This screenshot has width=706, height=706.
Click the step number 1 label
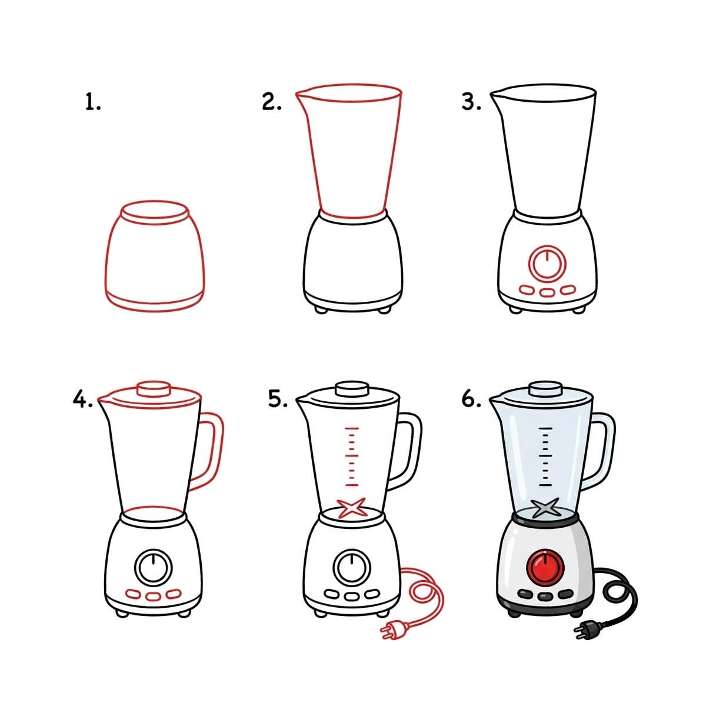click(92, 103)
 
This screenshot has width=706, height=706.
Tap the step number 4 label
click(82, 399)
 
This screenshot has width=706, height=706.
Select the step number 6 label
click(471, 399)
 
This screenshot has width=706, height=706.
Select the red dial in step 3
click(547, 262)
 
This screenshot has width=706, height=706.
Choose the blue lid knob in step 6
click(545, 388)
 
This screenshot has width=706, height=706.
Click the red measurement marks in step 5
click(352, 457)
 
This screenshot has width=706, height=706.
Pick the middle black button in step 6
click(545, 595)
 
